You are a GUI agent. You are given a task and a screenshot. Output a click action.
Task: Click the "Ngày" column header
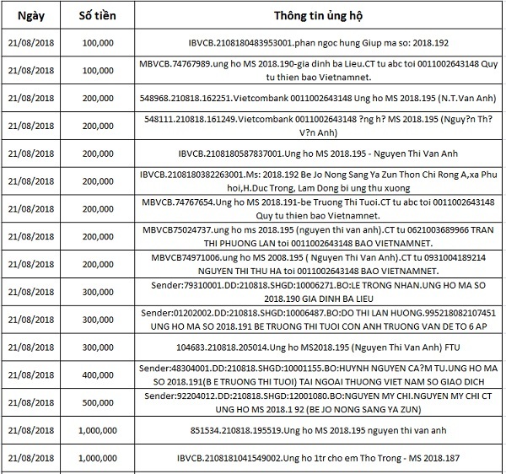30,17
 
